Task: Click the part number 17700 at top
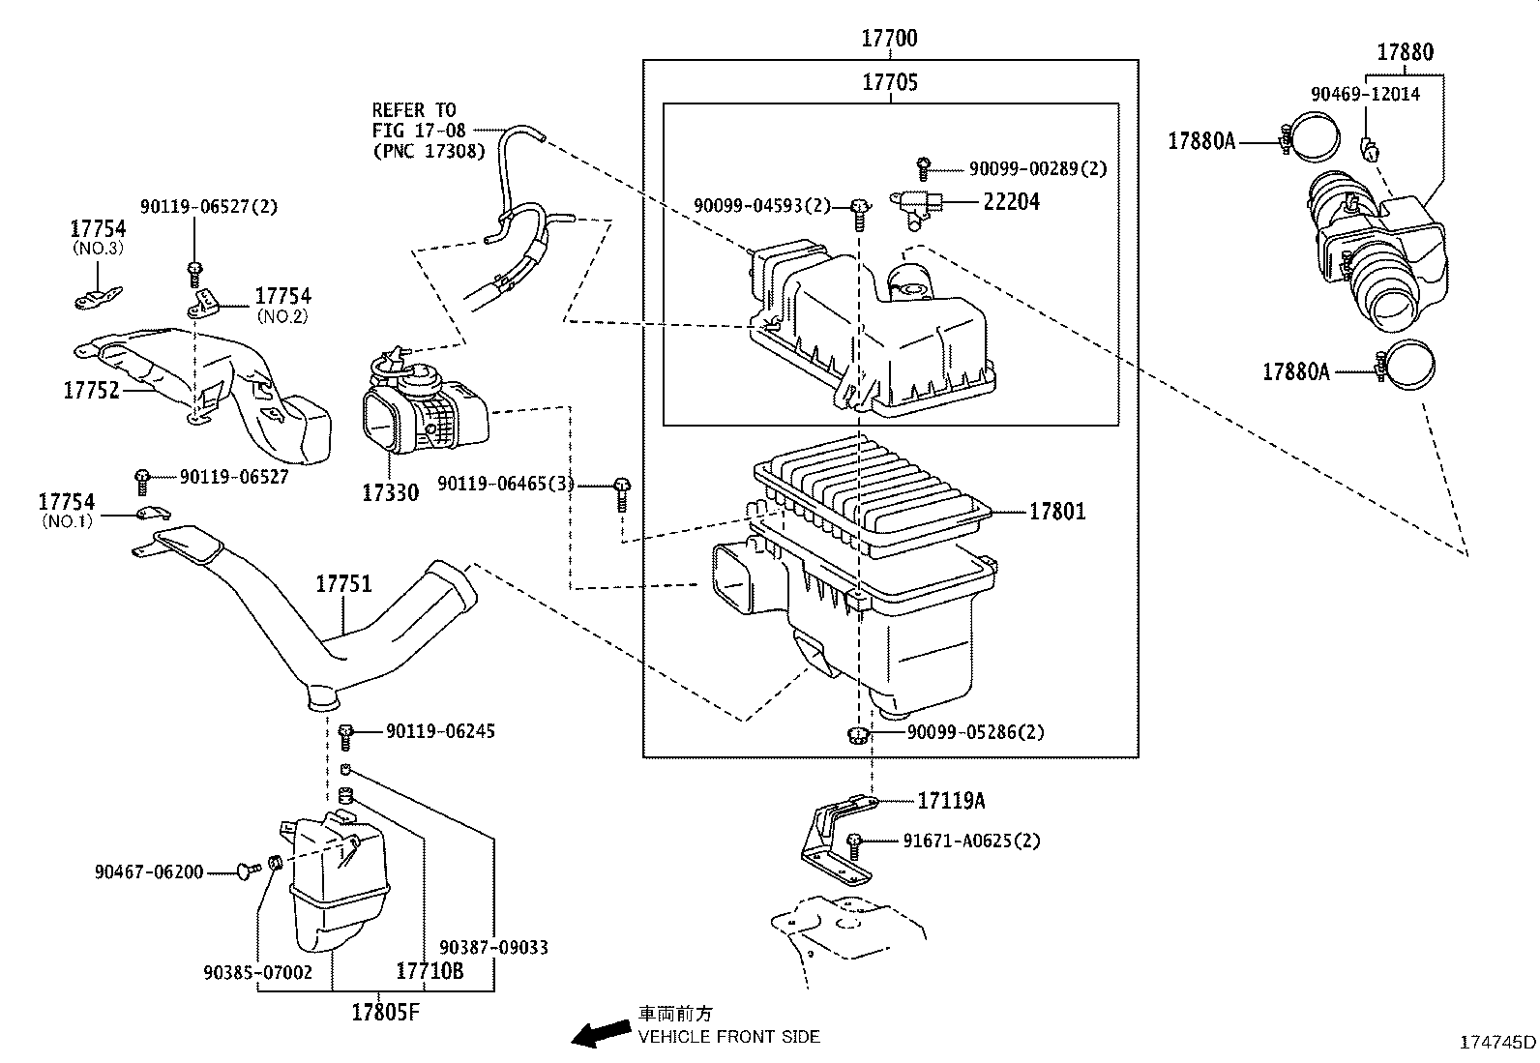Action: tap(890, 39)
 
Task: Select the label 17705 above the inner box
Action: tap(890, 83)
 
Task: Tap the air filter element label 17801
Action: tap(1057, 512)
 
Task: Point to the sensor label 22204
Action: tap(1012, 202)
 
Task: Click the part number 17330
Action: tap(391, 493)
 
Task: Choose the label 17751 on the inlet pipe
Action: tap(343, 584)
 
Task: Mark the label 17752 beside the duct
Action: tap(91, 390)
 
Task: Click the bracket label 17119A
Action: tap(952, 801)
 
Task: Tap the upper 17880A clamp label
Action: tap(1201, 141)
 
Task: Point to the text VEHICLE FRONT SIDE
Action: tap(728, 1037)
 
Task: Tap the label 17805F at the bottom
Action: tap(385, 1013)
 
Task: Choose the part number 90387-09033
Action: tap(493, 947)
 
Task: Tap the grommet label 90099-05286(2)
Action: tap(976, 732)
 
